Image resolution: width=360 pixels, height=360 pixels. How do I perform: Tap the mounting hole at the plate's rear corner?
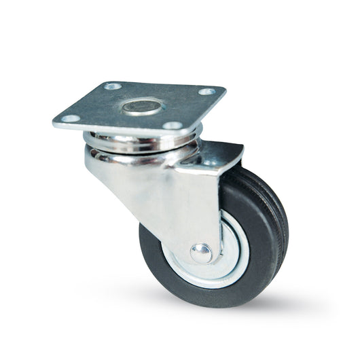pyautogui.click(x=113, y=86)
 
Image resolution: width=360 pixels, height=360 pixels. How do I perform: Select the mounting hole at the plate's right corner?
pyautogui.click(x=205, y=92)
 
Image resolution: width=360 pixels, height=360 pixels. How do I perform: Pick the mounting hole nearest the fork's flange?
pyautogui.click(x=173, y=126)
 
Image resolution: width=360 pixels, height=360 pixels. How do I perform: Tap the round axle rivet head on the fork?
pyautogui.click(x=200, y=253)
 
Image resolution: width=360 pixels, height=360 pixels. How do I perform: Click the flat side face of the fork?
pyautogui.click(x=170, y=197)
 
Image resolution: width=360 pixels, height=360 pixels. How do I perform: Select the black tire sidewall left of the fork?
pyautogui.click(x=151, y=251)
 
